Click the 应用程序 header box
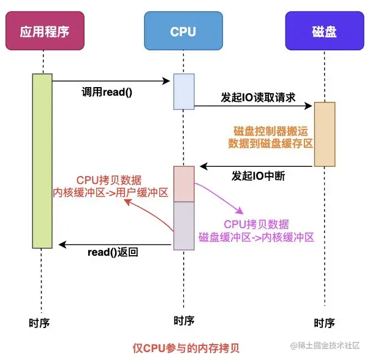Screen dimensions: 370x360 [45, 31]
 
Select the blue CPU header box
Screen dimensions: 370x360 [183, 31]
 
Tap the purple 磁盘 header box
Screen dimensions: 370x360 [325, 31]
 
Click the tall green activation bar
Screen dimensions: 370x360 [42, 161]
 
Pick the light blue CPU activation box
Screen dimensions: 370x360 [184, 91]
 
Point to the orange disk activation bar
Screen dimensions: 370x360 [325, 134]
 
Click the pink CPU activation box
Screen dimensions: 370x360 [184, 184]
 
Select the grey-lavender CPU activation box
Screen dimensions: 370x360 [184, 226]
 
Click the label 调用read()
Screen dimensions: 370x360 [107, 92]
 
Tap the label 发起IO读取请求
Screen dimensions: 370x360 [258, 97]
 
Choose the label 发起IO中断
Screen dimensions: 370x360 [258, 176]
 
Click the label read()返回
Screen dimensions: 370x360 [113, 252]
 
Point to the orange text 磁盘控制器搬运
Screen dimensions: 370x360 [271, 131]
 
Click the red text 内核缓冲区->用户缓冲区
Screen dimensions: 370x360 [110, 193]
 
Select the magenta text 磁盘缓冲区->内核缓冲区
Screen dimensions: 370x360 [256, 237]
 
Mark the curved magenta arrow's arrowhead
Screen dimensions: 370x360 [241, 211]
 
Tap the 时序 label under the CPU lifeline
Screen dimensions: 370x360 [184, 321]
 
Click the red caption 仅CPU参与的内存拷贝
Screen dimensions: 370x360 [186, 348]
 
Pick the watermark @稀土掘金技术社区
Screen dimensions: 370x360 [325, 345]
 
